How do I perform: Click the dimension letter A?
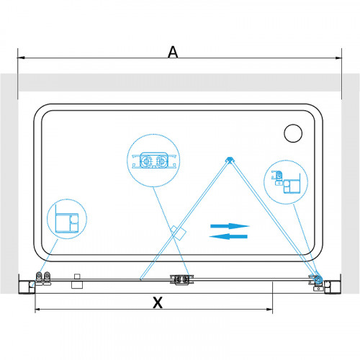[173, 52]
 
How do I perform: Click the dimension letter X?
[158, 302]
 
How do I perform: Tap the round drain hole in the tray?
[293, 133]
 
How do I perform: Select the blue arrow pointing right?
[230, 226]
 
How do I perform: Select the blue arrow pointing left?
[228, 237]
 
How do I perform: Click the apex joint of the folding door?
[230, 160]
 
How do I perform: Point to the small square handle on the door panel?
[179, 233]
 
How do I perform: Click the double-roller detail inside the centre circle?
[154, 161]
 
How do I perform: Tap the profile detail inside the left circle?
[67, 219]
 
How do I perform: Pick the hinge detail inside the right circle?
[286, 182]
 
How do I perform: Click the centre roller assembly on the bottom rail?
[181, 280]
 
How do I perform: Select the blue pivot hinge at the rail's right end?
[319, 279]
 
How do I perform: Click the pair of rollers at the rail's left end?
[43, 279]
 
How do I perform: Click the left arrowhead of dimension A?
[21, 58]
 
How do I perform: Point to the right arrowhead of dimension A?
[338, 58]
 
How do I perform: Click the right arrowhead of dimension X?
[269, 310]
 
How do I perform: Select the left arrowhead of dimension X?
[39, 310]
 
